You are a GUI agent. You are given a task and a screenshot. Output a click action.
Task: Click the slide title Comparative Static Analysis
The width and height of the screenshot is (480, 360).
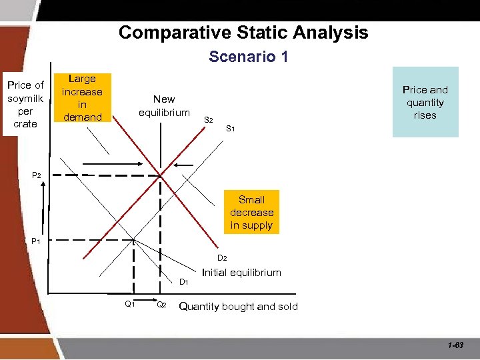point(243,32)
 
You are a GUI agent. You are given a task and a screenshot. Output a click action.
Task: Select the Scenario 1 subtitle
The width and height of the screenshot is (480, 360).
point(248,57)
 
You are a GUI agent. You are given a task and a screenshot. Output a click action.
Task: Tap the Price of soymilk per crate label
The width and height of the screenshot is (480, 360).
point(25,104)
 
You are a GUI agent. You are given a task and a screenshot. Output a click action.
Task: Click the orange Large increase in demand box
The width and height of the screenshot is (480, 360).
point(82,98)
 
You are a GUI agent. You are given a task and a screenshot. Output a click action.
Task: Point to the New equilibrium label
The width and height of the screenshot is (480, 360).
point(164,105)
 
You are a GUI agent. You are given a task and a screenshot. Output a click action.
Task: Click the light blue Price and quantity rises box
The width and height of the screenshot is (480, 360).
point(425,102)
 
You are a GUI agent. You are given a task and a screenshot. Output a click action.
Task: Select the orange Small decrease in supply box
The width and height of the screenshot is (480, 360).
point(252,212)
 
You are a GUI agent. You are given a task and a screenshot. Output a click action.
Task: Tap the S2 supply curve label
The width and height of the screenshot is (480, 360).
point(208,120)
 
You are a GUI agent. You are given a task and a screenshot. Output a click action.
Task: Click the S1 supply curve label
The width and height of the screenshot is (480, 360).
point(230,128)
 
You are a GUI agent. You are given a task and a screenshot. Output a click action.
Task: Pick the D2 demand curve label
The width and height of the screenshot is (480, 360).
point(222,258)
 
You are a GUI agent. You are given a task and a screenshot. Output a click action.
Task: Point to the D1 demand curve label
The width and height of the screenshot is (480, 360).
point(184,282)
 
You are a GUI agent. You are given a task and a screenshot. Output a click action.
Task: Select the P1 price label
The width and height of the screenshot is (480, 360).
point(36,241)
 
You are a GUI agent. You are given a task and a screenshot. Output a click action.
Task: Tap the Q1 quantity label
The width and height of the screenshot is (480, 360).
point(130,305)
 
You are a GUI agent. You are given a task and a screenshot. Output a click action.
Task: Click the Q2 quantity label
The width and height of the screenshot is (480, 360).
point(161,305)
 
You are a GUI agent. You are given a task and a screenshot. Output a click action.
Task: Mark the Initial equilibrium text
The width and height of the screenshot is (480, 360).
point(241,272)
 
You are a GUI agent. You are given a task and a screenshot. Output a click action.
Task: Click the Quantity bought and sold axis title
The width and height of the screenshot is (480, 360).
point(239,307)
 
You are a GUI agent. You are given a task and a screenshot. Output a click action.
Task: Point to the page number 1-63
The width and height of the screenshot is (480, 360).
point(456,345)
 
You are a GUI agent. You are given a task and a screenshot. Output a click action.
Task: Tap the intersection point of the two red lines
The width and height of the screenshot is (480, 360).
point(160,175)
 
